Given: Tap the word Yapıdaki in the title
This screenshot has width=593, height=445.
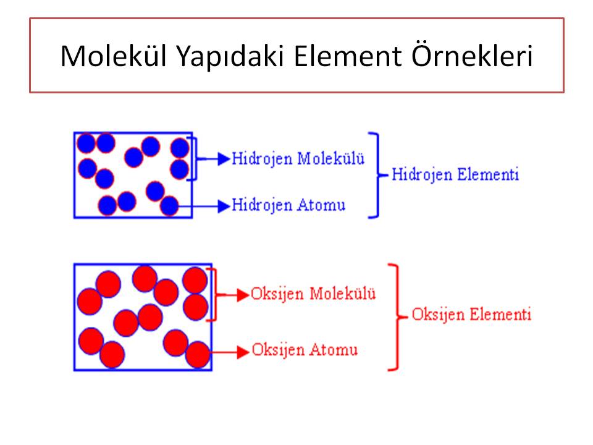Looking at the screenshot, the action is tap(230, 57).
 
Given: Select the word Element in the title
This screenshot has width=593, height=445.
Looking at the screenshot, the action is tap(348, 57).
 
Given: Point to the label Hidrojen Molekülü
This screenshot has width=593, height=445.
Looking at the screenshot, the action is tap(298, 159).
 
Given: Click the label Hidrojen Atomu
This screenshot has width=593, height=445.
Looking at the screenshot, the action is tap(288, 205).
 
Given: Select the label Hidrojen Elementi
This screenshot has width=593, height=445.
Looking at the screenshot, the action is tap(455, 175).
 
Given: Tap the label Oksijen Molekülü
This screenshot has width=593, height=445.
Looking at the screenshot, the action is tap(313, 294).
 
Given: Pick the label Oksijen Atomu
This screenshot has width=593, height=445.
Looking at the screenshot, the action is tap(305, 350).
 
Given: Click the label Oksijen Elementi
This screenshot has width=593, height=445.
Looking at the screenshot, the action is tap(471, 315).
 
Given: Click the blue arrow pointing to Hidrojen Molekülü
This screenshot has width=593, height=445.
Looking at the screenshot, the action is tap(214, 159).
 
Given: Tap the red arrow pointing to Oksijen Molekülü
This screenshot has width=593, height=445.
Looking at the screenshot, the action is tap(233, 294).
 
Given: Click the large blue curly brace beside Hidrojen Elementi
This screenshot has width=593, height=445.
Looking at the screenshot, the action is tap(378, 175).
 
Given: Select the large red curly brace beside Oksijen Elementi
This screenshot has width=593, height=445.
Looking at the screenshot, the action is tap(398, 317).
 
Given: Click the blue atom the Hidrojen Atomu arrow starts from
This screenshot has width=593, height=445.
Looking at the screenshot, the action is tap(169, 206).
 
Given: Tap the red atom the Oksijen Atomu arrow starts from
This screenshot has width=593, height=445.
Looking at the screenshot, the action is tap(198, 355).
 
